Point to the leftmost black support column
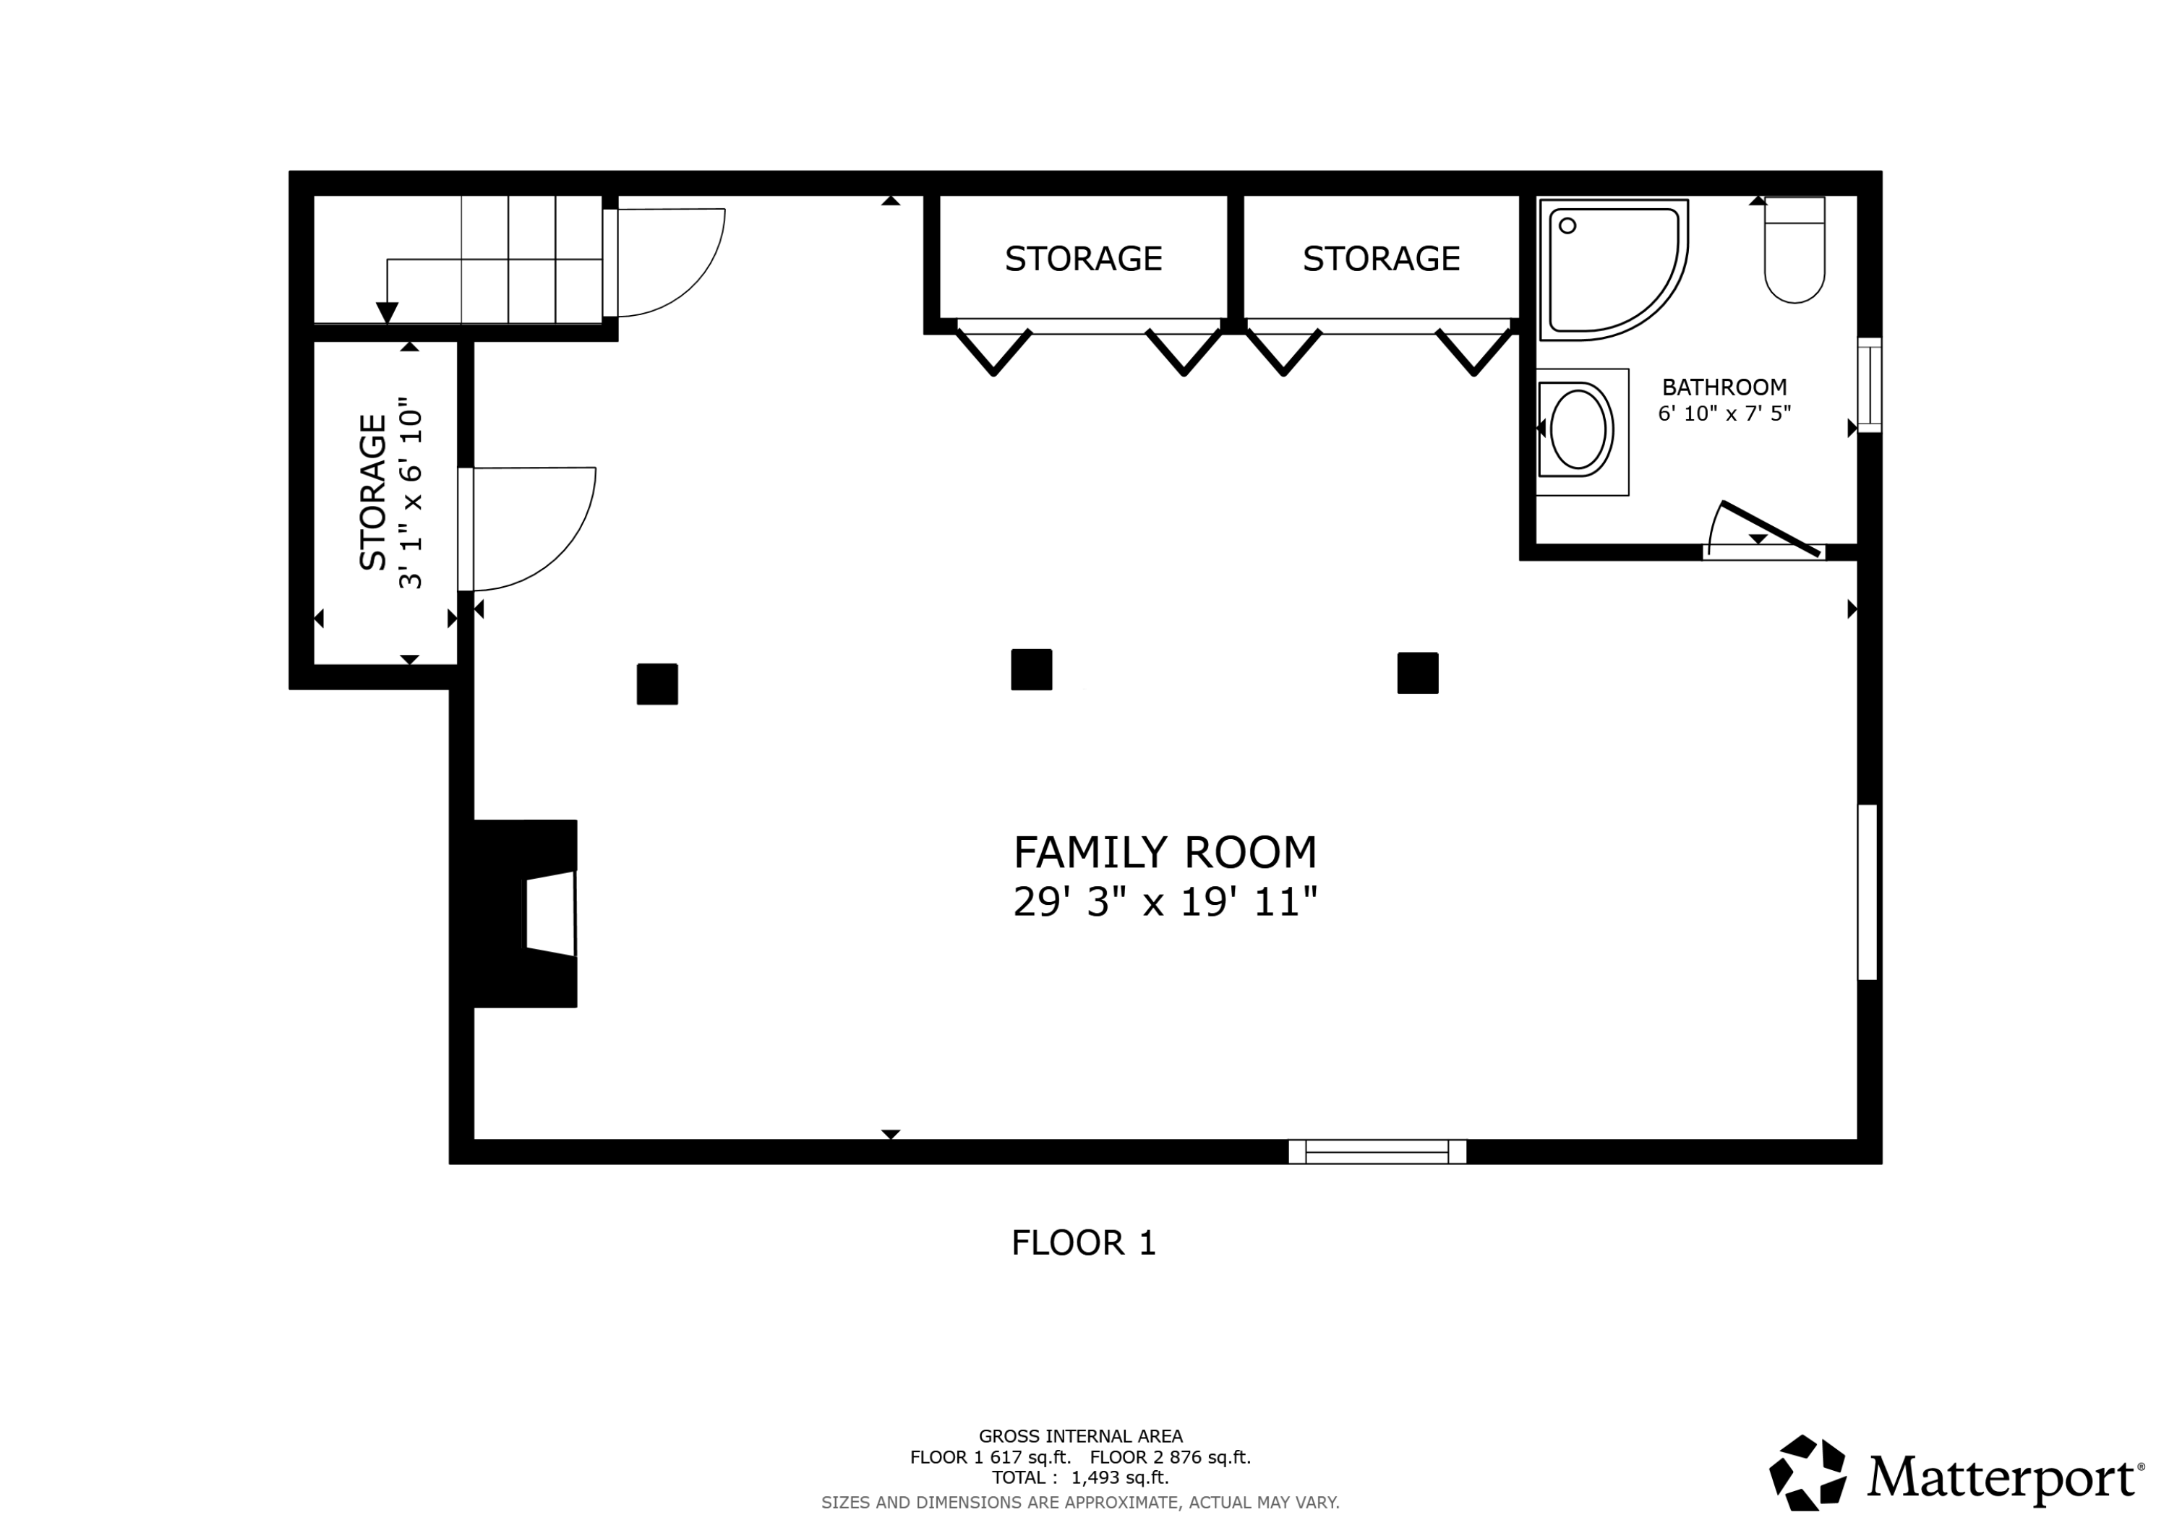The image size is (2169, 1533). tap(656, 684)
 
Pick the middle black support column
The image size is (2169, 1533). tap(1031, 670)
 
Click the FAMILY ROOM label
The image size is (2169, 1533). tap(1164, 852)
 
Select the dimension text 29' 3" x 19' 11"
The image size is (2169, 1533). tap(1164, 902)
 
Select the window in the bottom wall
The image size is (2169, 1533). tap(1377, 1151)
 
